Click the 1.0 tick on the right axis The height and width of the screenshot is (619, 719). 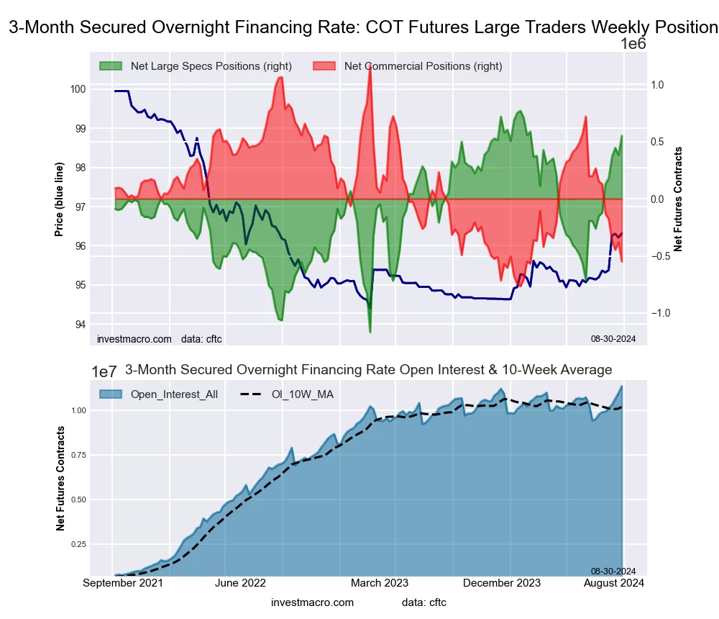657,84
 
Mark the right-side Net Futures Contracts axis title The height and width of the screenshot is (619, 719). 678,199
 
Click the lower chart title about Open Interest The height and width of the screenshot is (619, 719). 368,370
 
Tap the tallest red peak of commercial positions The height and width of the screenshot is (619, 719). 370,68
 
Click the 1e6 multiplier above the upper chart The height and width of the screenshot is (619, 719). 633,43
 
